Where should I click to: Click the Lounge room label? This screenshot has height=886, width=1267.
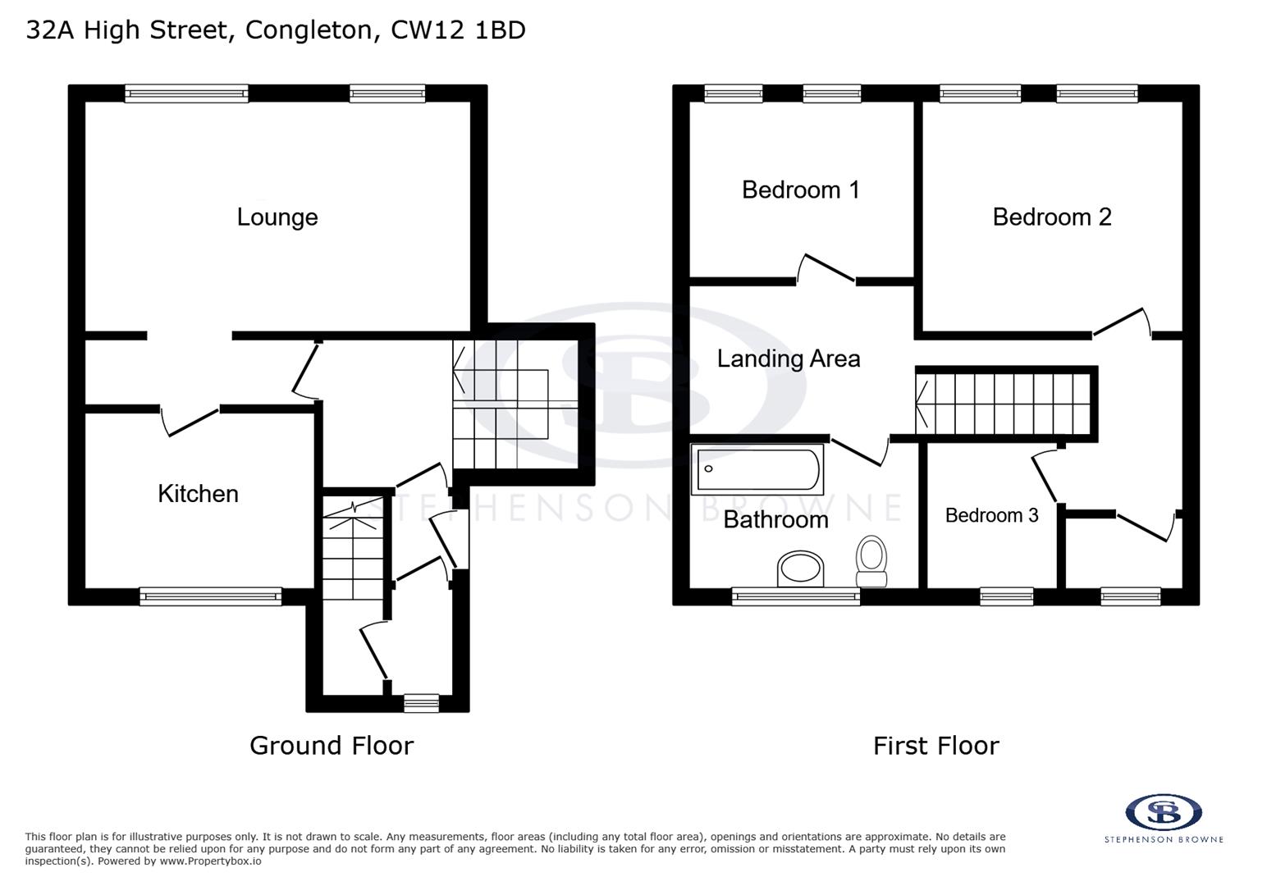(277, 217)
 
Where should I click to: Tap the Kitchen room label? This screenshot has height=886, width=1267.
(198, 493)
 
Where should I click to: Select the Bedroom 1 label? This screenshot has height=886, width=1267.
(800, 190)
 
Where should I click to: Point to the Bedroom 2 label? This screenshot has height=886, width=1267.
(1051, 217)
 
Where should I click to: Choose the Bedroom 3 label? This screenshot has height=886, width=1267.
(991, 515)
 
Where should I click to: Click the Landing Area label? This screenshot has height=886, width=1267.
(788, 359)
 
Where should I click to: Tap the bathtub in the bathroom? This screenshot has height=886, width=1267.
(757, 470)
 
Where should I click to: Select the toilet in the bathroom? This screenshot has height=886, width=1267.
(871, 560)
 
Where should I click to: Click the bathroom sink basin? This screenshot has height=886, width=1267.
(800, 568)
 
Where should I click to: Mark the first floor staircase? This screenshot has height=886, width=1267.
(1005, 403)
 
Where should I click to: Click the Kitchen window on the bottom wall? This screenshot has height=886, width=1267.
(210, 596)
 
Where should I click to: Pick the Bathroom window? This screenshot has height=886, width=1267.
(795, 596)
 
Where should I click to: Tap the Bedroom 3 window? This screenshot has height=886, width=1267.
(1007, 596)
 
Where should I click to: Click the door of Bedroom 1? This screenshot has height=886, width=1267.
(827, 268)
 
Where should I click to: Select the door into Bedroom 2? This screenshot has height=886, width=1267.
(1120, 322)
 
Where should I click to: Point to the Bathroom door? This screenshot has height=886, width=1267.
(859, 450)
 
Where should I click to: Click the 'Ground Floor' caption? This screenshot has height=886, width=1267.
(332, 745)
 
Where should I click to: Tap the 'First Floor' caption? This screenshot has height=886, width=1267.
(935, 745)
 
